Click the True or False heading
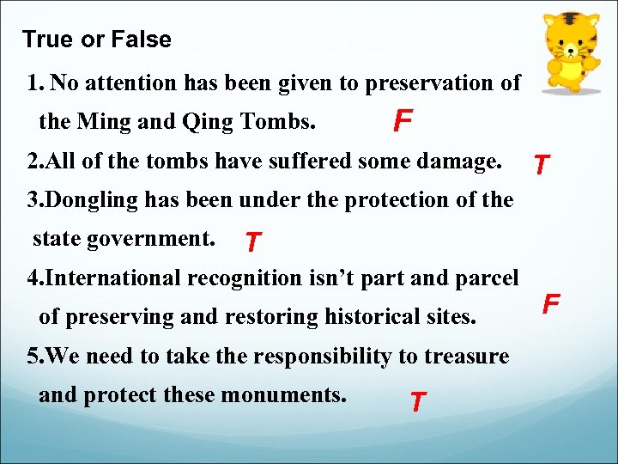tap(96, 40)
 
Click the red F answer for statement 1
tap(401, 122)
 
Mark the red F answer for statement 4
tap(551, 303)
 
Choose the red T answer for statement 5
tap(417, 401)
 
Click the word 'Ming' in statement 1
tap(105, 122)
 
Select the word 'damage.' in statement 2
tap(466, 161)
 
